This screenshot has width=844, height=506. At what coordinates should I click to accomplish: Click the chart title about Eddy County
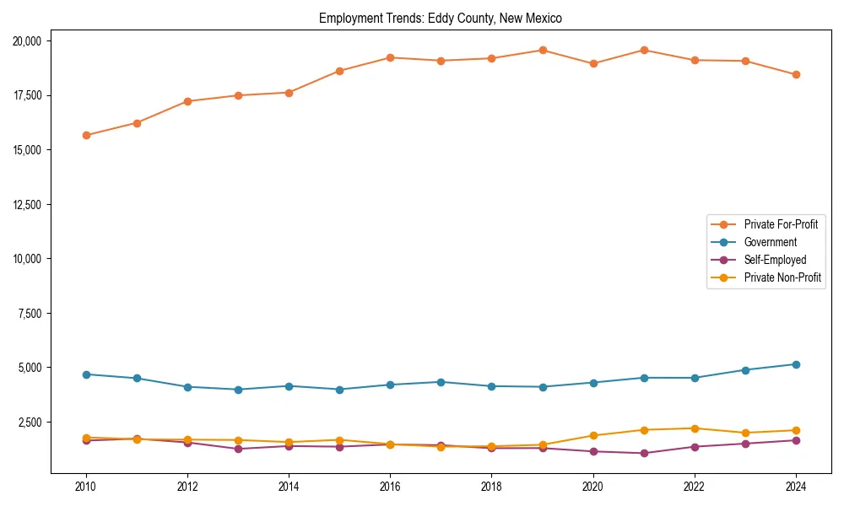click(x=440, y=18)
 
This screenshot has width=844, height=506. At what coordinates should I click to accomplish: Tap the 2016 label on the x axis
click(x=390, y=487)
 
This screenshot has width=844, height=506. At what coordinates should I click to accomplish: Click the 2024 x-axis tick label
click(x=795, y=487)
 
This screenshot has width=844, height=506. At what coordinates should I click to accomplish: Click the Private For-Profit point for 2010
click(x=86, y=135)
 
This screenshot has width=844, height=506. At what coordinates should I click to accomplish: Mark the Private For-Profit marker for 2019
click(x=542, y=50)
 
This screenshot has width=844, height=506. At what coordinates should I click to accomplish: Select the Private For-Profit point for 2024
click(x=795, y=74)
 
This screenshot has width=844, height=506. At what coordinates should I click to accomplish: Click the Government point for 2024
click(x=795, y=364)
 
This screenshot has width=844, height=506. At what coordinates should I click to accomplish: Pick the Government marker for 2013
click(x=238, y=390)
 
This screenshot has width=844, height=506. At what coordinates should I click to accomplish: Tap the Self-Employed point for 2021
click(x=643, y=453)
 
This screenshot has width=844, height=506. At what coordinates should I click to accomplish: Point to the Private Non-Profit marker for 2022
click(x=694, y=428)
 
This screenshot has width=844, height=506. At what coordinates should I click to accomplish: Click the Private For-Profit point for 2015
click(x=339, y=71)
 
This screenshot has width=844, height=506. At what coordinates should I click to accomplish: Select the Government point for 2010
click(x=86, y=374)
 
